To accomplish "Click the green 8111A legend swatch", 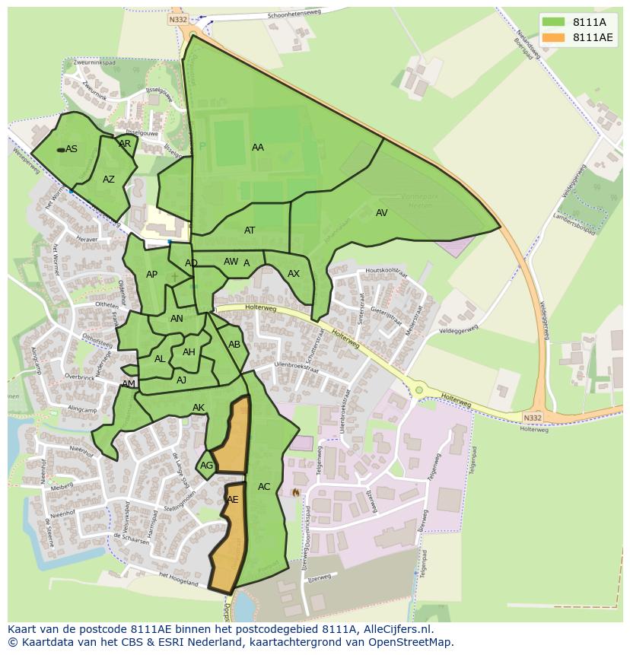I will (x=554, y=23).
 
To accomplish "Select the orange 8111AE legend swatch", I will (x=554, y=38).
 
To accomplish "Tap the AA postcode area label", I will (x=258, y=148).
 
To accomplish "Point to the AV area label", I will (x=382, y=213).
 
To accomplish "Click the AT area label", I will (x=250, y=231).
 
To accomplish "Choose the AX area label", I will (x=294, y=274).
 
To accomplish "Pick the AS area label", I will (x=72, y=149).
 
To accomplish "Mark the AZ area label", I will (x=109, y=180).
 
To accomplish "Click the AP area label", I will (x=151, y=275).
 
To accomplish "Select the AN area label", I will (x=177, y=319).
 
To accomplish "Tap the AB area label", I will (x=234, y=345).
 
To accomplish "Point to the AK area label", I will (x=199, y=408).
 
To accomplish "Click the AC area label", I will (x=264, y=487).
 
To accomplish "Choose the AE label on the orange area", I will (x=233, y=500).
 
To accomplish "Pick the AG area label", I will (x=206, y=466).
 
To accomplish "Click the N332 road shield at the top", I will (x=178, y=20).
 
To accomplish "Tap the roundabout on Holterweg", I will (x=418, y=390).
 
